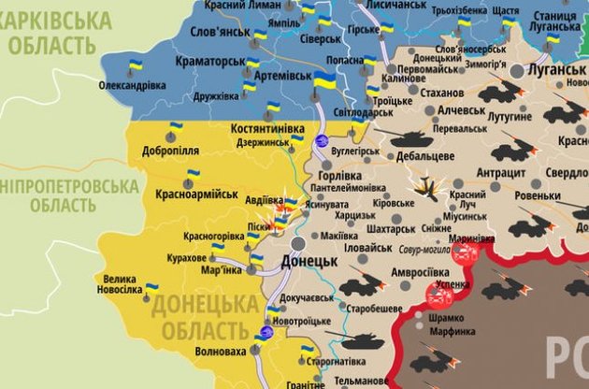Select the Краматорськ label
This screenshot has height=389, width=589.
tap(208, 62)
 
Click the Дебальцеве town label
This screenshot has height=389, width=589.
tap(424, 155)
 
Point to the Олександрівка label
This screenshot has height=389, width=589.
tap(133, 85)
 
